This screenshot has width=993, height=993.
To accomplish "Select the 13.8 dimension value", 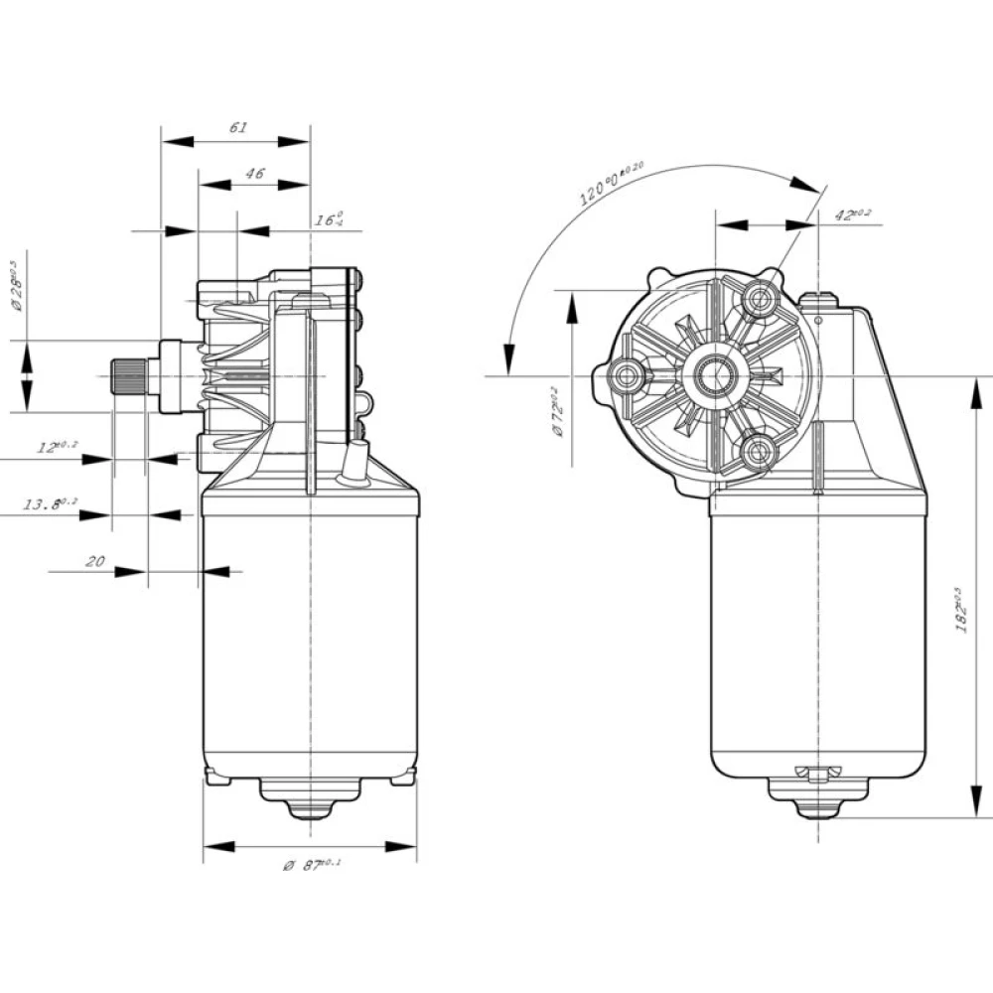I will (49, 505).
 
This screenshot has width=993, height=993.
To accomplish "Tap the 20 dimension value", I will (95, 561).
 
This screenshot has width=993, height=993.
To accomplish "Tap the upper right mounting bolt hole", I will (763, 297).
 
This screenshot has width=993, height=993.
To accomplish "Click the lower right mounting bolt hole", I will (762, 453).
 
